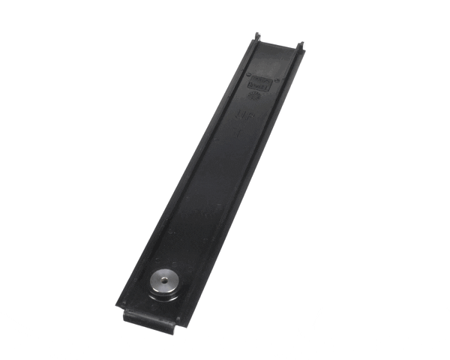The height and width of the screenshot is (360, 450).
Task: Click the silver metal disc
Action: (x=163, y=282)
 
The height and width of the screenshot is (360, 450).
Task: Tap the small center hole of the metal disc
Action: (x=164, y=281)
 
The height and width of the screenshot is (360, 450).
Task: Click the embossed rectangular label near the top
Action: (x=259, y=83)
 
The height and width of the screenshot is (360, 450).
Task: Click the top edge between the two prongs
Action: (x=279, y=45)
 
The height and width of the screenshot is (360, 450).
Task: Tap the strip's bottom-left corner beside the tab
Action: (x=118, y=304)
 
